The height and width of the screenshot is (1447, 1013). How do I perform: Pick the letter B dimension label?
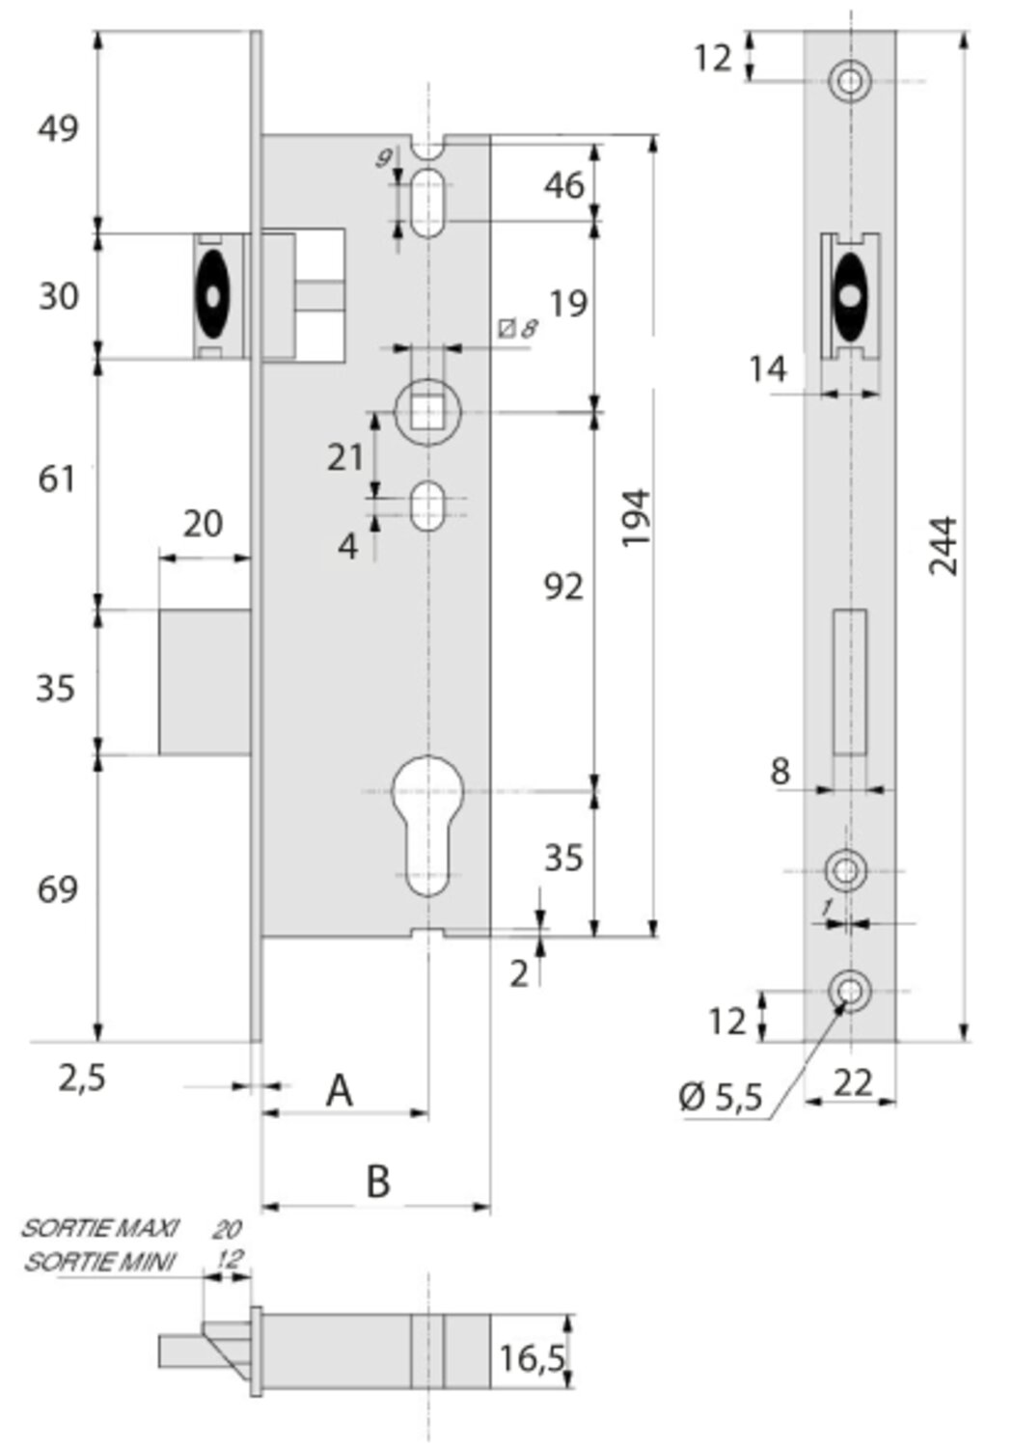tap(378, 1181)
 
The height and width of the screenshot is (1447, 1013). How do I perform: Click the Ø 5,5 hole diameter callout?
tap(721, 1097)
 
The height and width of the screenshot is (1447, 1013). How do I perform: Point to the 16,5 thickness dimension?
tap(533, 1358)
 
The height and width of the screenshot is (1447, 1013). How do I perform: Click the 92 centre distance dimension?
tap(564, 587)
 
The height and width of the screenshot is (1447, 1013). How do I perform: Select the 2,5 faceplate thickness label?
tap(82, 1078)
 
